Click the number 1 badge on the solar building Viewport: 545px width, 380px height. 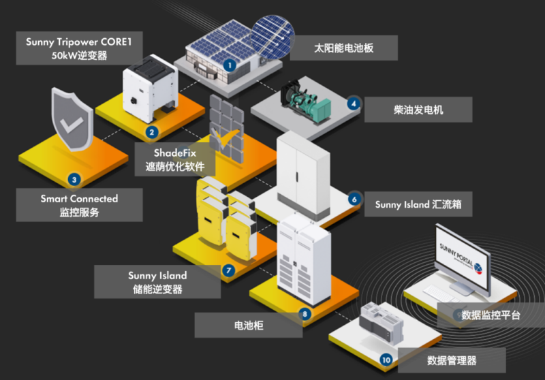(230, 65)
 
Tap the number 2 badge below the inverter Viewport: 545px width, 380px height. (151, 132)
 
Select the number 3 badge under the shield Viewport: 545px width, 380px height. (74, 180)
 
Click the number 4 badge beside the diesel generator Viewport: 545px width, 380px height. (354, 103)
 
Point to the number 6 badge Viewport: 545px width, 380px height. (354, 200)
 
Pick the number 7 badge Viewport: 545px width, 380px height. (228, 270)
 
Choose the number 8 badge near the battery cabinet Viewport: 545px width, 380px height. (305, 314)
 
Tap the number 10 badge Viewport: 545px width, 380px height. (386, 360)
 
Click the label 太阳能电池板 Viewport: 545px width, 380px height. (344, 48)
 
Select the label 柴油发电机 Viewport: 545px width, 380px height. (418, 110)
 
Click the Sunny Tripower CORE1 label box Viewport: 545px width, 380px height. (79, 48)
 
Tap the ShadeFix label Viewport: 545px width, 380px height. (175, 159)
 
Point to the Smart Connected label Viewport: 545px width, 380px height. (79, 205)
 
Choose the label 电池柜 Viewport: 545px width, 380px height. (249, 325)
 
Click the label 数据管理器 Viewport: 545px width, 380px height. (452, 360)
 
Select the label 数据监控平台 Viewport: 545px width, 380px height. (490, 315)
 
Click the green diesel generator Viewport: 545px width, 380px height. (305, 101)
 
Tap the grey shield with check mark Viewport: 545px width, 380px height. (72, 119)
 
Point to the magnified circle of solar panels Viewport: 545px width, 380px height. (272, 37)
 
